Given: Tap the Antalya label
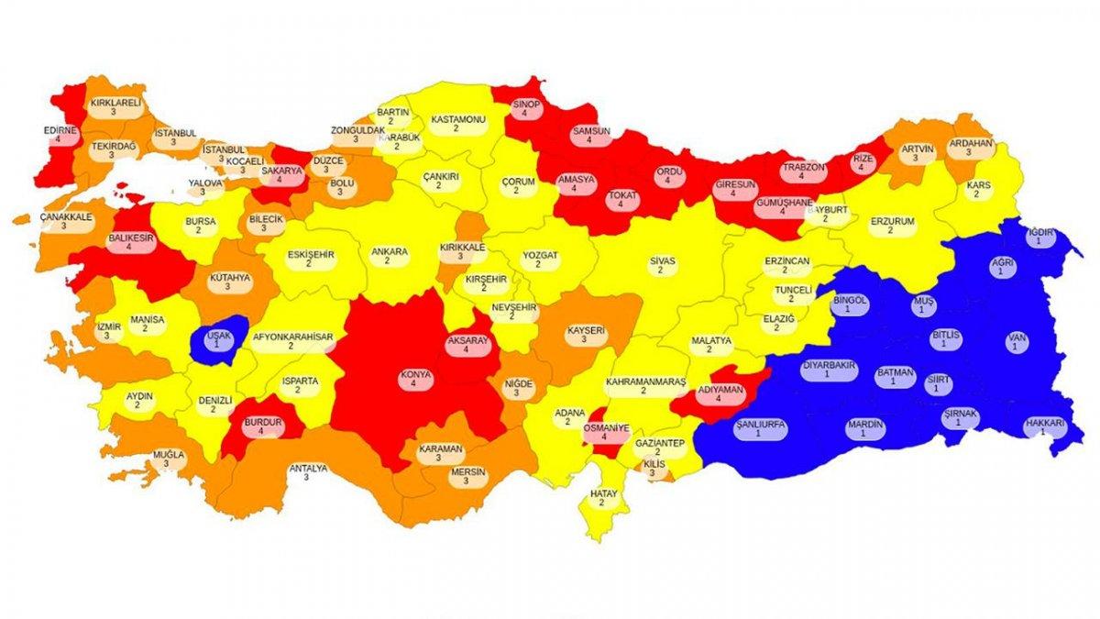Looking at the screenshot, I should pyautogui.click(x=308, y=472).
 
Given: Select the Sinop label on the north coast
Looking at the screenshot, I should pyautogui.click(x=524, y=109).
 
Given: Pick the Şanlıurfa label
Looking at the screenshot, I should pyautogui.click(x=760, y=429).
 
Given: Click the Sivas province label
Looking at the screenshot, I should pyautogui.click(x=662, y=266).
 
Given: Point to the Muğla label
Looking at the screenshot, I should pyautogui.click(x=168, y=459).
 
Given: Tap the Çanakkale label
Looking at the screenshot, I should pyautogui.click(x=65, y=221).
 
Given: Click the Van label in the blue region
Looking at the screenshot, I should pyautogui.click(x=1017, y=342).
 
